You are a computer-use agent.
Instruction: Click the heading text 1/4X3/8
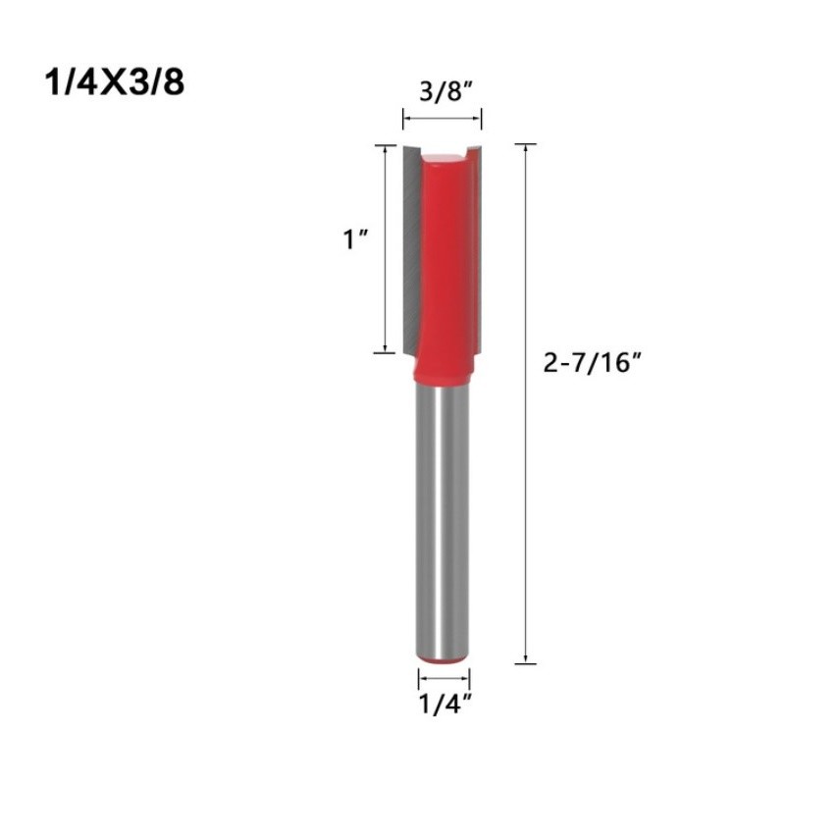coord(115,82)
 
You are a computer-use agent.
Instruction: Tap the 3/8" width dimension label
coord(445,91)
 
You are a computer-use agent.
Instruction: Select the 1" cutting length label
coord(356,239)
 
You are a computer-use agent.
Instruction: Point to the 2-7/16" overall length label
coord(592,363)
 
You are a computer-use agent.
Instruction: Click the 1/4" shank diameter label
coord(445,704)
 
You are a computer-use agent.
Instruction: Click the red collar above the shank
coord(444,372)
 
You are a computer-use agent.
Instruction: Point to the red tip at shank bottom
coord(444,661)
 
